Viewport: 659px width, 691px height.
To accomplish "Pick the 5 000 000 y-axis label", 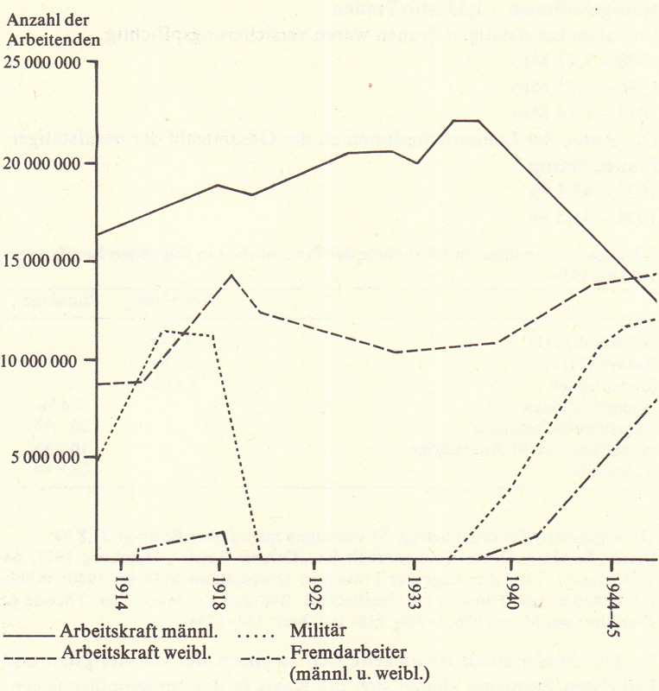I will click(48, 458).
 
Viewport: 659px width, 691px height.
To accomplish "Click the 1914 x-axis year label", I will click(122, 586).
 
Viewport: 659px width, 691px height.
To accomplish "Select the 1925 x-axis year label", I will click(316, 586).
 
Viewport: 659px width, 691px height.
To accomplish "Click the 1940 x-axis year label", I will click(512, 586).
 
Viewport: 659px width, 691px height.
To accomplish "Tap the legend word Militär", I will click(322, 632).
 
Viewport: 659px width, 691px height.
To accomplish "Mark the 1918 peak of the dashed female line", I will click(231, 276).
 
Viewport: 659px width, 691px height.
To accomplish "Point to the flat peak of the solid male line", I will click(466, 121).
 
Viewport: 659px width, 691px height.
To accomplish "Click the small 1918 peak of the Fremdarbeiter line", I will click(224, 531).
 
